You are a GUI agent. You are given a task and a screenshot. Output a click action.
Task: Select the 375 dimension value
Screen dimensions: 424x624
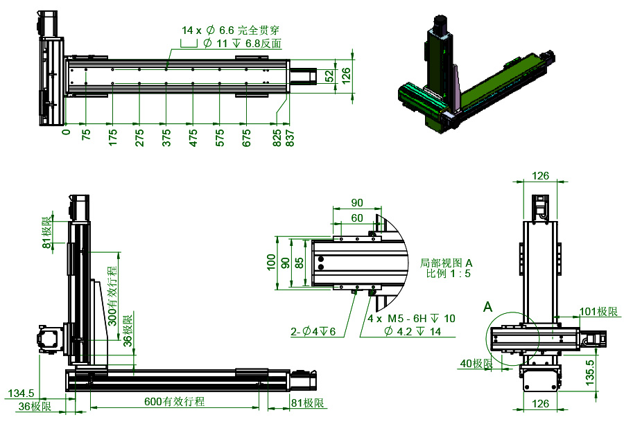pyautogui.click(x=166, y=136)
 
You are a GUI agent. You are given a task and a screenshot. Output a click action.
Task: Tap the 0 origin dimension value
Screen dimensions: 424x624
pyautogui.click(x=67, y=131)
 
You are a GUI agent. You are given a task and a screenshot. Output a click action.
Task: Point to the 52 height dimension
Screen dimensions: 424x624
pyautogui.click(x=330, y=76)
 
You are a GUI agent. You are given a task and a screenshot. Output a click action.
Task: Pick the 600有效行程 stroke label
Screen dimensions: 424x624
pyautogui.click(x=173, y=401)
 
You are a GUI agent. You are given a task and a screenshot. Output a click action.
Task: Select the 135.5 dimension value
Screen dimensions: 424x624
pyautogui.click(x=591, y=371)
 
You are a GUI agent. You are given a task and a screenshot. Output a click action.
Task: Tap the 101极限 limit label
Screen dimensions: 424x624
pyautogui.click(x=598, y=312)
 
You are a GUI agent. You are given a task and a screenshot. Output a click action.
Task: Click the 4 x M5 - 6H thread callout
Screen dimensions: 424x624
pyautogui.click(x=411, y=319)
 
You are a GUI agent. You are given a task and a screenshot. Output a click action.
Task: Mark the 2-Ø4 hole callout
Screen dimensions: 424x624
pyautogui.click(x=313, y=332)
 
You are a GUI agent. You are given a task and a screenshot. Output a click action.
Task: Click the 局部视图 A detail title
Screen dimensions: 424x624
pyautogui.click(x=446, y=263)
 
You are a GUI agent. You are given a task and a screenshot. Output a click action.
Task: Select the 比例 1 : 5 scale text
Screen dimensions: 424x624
pyautogui.click(x=448, y=274)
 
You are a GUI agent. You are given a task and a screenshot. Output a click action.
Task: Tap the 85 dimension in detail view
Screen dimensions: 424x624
pyautogui.click(x=298, y=263)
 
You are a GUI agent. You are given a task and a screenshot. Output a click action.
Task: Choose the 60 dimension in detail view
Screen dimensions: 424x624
pyautogui.click(x=357, y=218)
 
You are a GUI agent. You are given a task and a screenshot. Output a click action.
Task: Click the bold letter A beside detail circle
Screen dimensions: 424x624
pyautogui.click(x=488, y=306)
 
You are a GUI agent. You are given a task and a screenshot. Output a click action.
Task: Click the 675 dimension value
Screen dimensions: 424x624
pyautogui.click(x=246, y=136)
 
